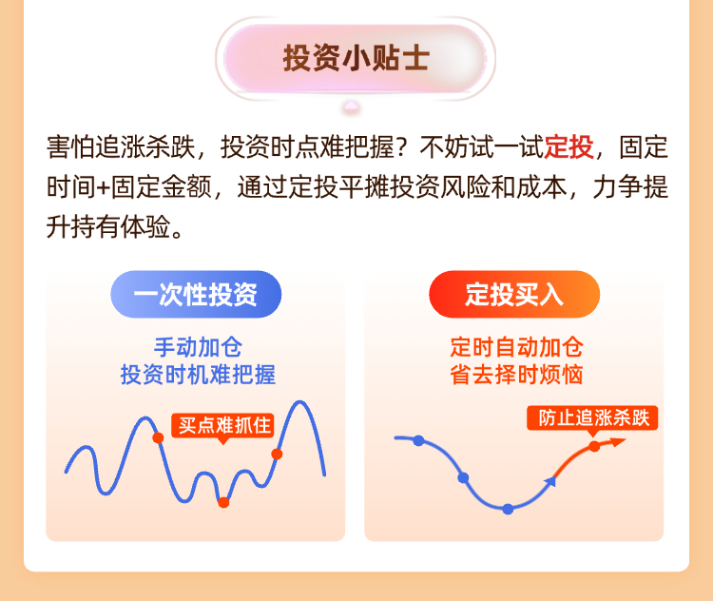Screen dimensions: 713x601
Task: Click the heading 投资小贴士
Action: click(356, 58)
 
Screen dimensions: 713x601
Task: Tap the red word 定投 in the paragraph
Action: click(568, 147)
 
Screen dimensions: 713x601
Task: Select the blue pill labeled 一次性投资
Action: click(196, 295)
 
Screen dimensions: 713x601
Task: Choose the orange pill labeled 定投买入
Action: click(514, 295)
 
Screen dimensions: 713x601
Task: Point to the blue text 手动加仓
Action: click(198, 348)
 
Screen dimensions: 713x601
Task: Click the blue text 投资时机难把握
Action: click(198, 375)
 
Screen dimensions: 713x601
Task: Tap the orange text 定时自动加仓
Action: click(516, 348)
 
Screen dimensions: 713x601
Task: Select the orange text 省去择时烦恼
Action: click(516, 375)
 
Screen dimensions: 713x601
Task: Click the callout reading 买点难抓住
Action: click(222, 426)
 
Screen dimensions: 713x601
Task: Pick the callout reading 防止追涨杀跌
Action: click(592, 417)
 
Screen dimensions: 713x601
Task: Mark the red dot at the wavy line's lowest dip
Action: click(223, 503)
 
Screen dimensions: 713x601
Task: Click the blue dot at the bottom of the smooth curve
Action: click(508, 509)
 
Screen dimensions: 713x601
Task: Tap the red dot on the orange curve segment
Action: click(594, 447)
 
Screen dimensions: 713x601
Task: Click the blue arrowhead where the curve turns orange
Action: click(550, 481)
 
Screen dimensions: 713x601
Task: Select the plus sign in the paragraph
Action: click(103, 187)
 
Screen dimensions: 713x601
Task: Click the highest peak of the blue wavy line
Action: click(300, 401)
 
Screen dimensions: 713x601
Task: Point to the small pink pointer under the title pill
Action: click(351, 107)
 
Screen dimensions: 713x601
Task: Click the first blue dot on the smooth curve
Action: click(419, 440)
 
